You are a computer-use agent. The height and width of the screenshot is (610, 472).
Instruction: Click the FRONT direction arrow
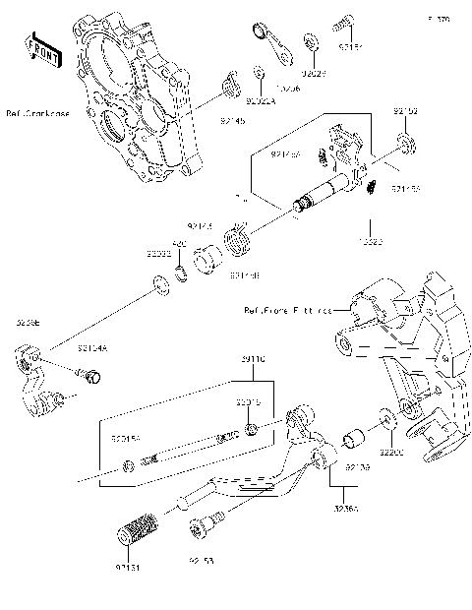tap(39, 48)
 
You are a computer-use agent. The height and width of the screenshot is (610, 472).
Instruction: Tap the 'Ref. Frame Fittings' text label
tap(287, 309)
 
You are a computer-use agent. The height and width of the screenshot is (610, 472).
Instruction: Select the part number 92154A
tap(93, 346)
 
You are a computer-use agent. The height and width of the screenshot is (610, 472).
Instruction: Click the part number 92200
tap(393, 454)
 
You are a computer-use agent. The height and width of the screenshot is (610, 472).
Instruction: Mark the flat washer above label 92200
tap(385, 415)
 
